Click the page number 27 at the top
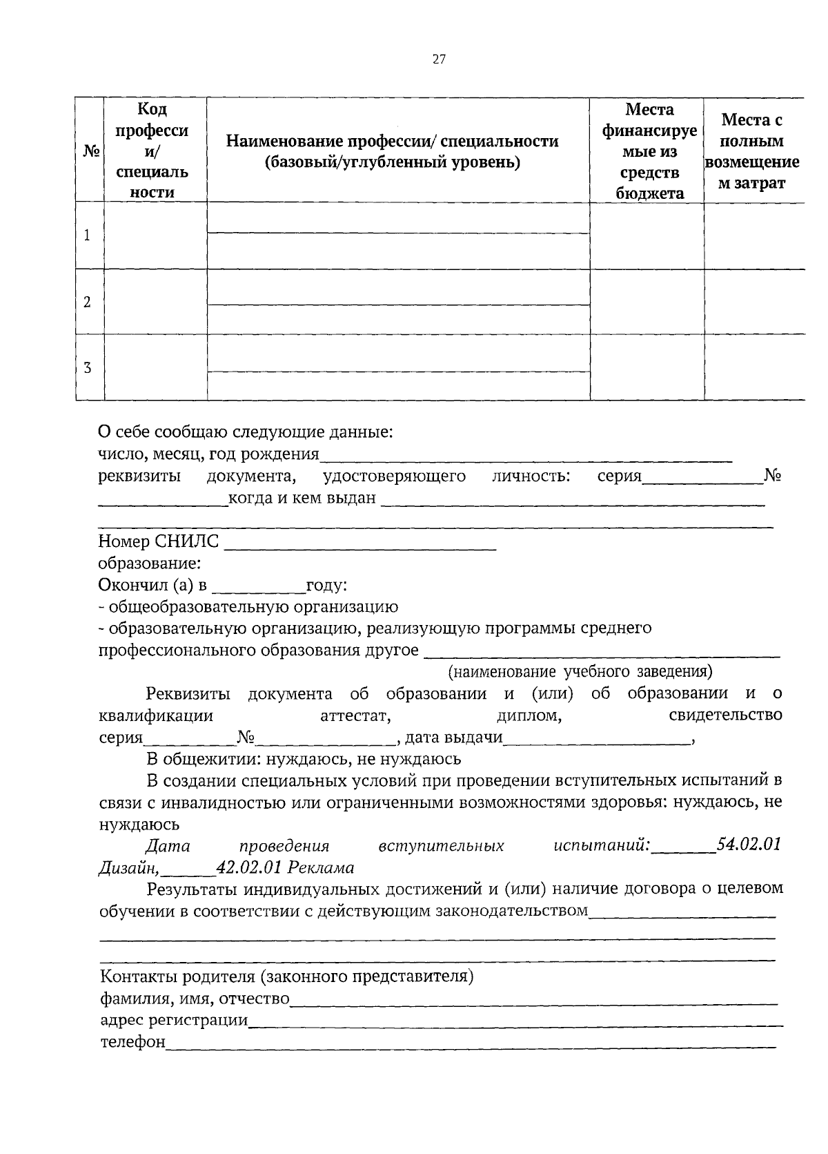click(x=439, y=59)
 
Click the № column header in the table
click(x=89, y=151)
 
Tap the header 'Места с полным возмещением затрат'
click(x=752, y=151)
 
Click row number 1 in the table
click(x=87, y=235)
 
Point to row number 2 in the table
click(x=87, y=302)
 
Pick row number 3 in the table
click(x=87, y=368)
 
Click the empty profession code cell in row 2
click(x=155, y=302)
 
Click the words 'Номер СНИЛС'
click(x=159, y=541)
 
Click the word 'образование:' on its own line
click(x=150, y=564)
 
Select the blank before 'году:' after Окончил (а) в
click(x=259, y=586)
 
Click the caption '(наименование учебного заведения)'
click(x=580, y=671)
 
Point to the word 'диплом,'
click(x=529, y=716)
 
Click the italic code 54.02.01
click(x=749, y=845)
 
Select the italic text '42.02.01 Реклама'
click(x=284, y=867)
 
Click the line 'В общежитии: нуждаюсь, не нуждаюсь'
click(x=304, y=760)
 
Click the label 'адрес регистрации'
click(x=174, y=1020)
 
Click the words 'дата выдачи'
click(x=453, y=738)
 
